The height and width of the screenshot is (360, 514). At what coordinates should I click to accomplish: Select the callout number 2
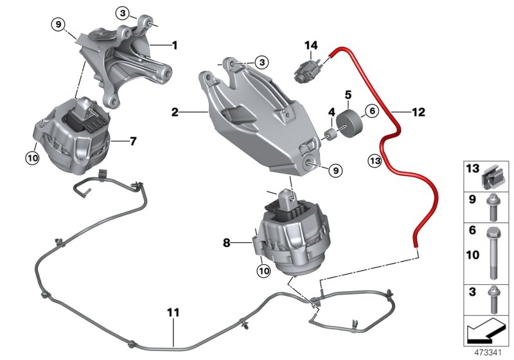174,113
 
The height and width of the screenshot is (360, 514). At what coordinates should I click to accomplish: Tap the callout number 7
133,140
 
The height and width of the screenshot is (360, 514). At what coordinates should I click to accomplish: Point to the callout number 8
226,243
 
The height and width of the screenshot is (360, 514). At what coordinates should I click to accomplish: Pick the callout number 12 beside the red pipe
418,113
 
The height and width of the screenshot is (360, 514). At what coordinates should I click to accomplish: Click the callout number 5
348,94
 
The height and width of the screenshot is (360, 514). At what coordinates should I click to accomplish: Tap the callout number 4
332,113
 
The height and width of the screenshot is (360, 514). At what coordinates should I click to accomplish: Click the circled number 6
371,111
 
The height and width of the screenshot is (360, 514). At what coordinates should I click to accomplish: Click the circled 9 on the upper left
58,25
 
